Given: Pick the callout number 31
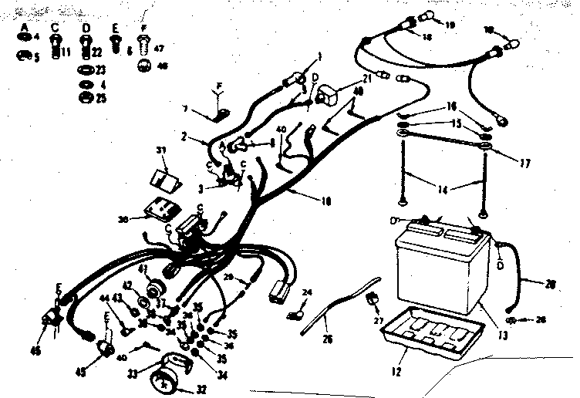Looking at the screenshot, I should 161,150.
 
